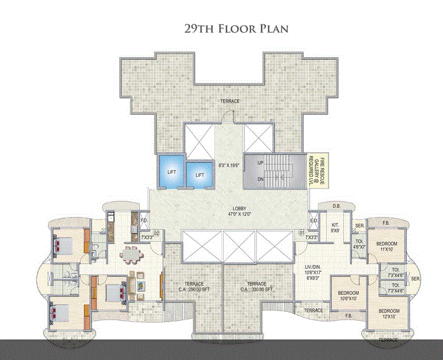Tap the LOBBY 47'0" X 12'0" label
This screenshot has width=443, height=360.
238,212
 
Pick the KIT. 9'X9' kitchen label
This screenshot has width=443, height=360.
335,227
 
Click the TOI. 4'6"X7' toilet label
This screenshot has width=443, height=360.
359,244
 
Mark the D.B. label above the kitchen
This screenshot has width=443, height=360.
337,206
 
